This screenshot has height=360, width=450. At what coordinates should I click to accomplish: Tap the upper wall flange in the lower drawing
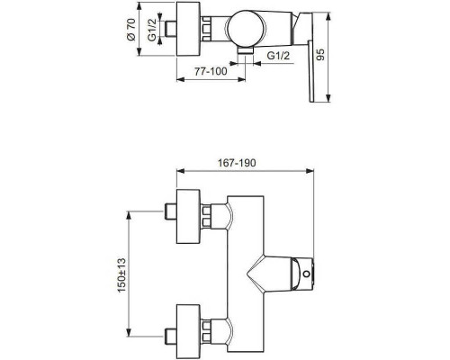(x=188, y=216)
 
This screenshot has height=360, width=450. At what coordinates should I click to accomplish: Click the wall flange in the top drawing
(x=187, y=29)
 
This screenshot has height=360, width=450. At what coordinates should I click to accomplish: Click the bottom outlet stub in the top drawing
(x=243, y=53)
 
